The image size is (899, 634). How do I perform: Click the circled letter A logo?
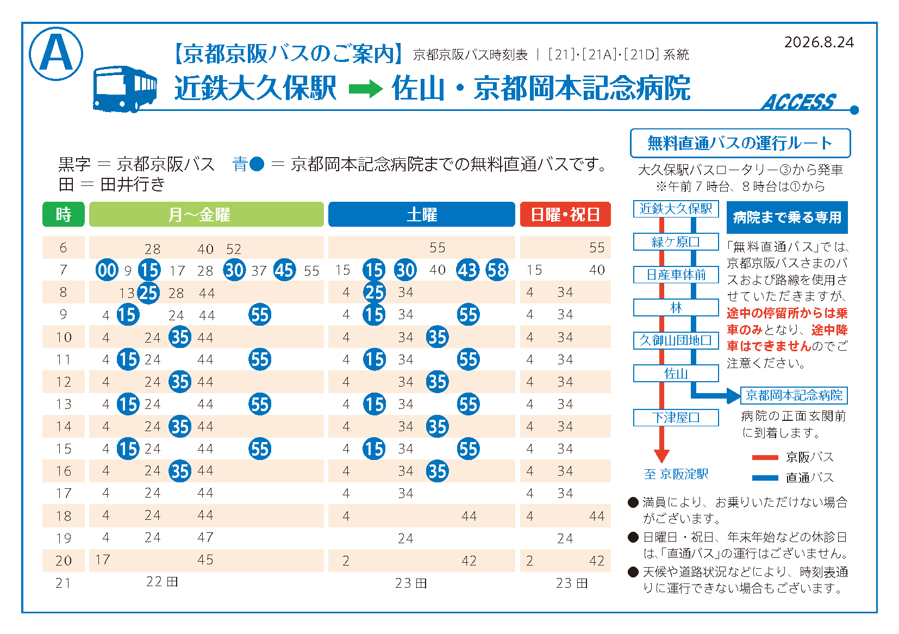pyautogui.click(x=56, y=53)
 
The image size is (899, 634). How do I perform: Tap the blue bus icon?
pyautogui.click(x=125, y=89)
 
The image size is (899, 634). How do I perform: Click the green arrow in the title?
pyautogui.click(x=366, y=89)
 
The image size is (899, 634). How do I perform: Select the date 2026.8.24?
pyautogui.click(x=819, y=42)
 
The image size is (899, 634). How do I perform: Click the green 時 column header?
pyautogui.click(x=64, y=214)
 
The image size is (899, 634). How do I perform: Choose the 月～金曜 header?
pyautogui.click(x=207, y=214)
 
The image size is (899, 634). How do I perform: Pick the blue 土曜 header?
pyautogui.click(x=421, y=214)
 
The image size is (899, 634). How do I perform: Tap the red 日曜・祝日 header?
pyautogui.click(x=565, y=214)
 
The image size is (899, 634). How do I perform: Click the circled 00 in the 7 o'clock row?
pyautogui.click(x=107, y=270)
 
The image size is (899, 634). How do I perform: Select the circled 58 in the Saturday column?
pyautogui.click(x=497, y=270)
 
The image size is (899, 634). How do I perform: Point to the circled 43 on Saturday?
pyautogui.click(x=467, y=270)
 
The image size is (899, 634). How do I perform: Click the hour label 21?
pyautogui.click(x=64, y=582)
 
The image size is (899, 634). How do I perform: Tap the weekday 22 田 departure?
pyautogui.click(x=162, y=581)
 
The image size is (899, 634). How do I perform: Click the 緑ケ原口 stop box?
pyautogui.click(x=676, y=242)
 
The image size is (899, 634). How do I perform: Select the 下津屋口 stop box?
pyautogui.click(x=676, y=418)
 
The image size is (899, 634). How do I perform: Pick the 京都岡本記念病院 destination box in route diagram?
pyautogui.click(x=794, y=395)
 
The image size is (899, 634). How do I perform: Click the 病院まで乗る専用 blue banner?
pyautogui.click(x=787, y=217)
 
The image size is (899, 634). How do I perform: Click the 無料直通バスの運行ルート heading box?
pyautogui.click(x=740, y=144)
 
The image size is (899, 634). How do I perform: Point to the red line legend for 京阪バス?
pyautogui.click(x=765, y=457)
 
